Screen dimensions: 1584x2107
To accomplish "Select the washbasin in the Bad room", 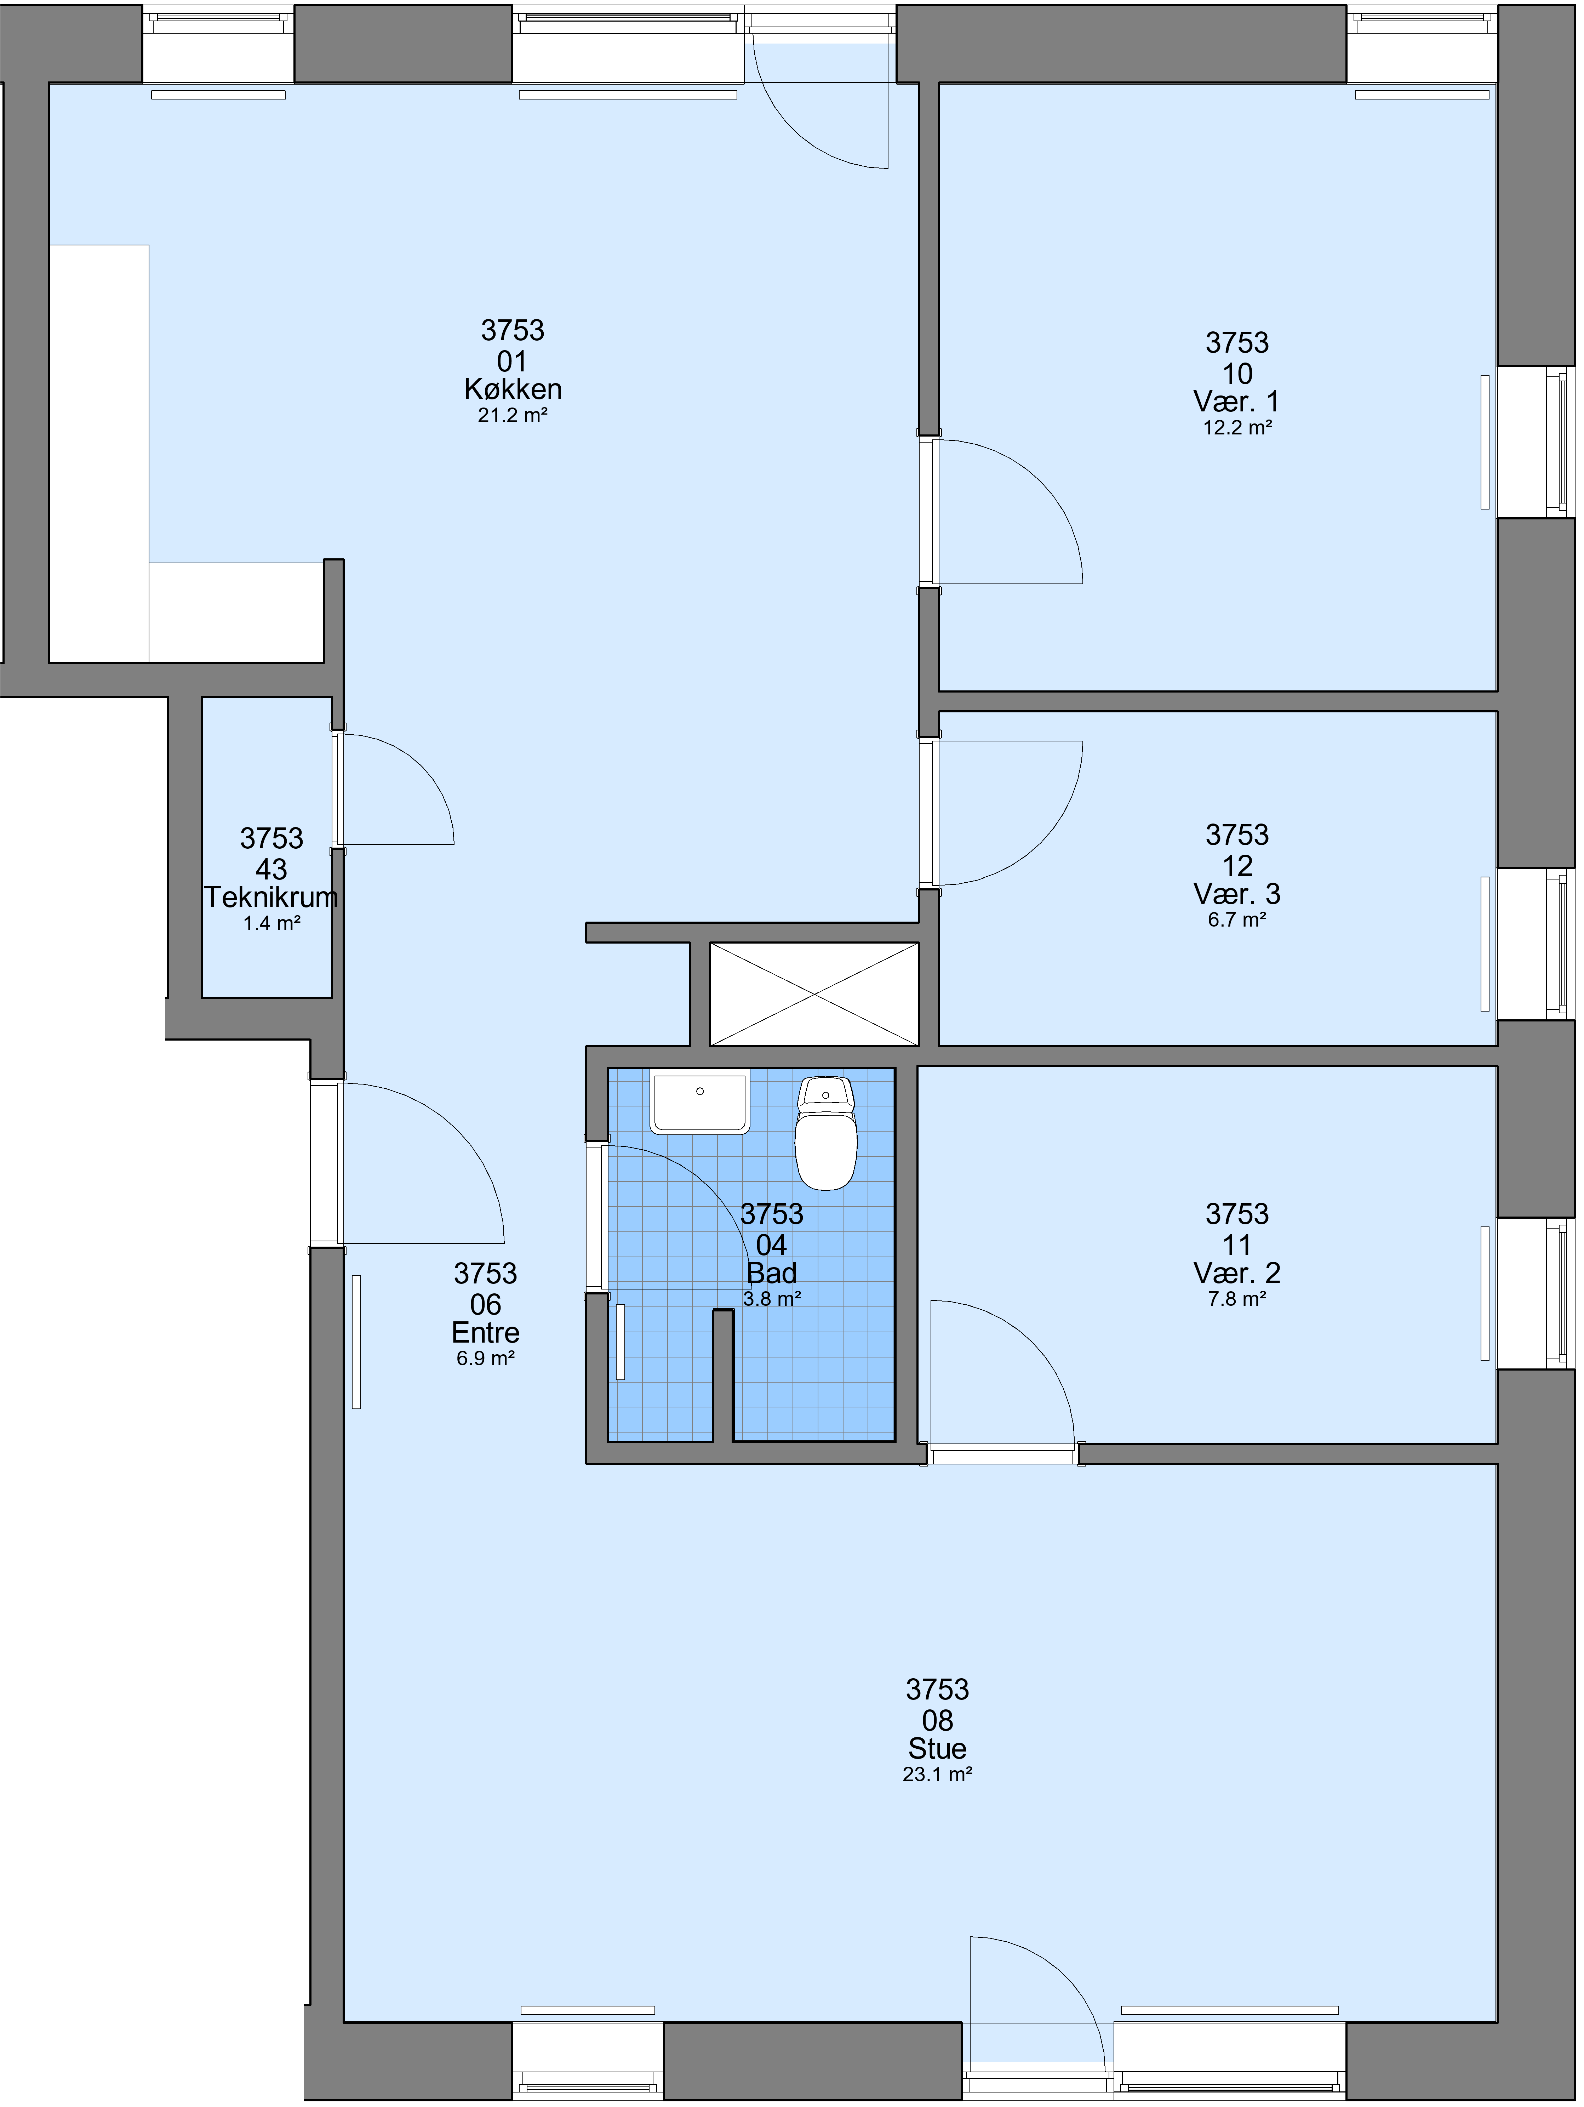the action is (700, 1101).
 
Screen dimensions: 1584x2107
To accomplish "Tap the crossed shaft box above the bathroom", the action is (814, 995).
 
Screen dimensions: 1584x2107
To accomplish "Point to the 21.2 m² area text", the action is (513, 415).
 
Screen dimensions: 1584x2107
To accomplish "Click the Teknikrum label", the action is (271, 897).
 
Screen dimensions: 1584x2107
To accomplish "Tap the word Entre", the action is (486, 1333).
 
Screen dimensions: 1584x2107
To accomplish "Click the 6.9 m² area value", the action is (486, 1358).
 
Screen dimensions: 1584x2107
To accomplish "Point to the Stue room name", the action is (937, 1749).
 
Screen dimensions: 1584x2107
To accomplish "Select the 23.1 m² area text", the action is (937, 1775).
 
